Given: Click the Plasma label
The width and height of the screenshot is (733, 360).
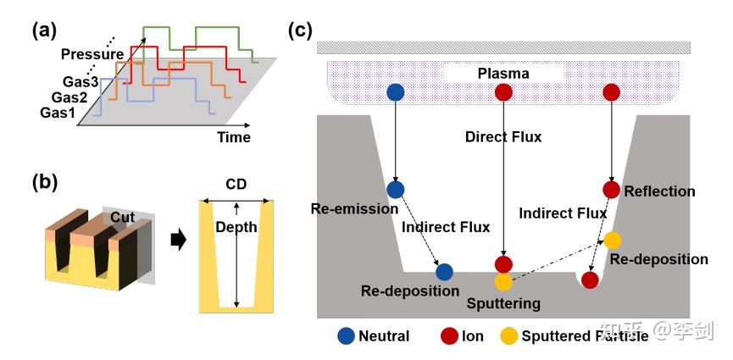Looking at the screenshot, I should pos(503,74).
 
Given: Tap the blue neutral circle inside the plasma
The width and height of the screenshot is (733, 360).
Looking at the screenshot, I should pos(395,91).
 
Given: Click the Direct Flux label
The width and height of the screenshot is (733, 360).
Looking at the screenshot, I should pos(503,136).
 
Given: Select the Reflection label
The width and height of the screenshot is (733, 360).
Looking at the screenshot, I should pos(659,191).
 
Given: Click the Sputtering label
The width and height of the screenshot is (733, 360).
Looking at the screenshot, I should pos(503,302).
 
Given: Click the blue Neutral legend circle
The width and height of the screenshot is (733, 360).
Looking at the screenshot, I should pos(346,335).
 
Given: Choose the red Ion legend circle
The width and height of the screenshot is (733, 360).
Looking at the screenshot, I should pos(449,335).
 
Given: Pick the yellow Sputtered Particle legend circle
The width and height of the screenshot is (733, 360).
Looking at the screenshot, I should pos(508,335).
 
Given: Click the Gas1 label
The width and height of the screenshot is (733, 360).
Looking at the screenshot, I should pos(58,114).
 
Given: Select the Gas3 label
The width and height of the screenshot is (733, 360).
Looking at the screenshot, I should pos(81,82).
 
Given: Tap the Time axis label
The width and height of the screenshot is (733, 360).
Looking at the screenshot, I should pos(233,137).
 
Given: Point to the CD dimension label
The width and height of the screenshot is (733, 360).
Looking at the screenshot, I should pos(237,184).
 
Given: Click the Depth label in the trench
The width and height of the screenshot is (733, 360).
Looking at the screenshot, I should pos(230,228).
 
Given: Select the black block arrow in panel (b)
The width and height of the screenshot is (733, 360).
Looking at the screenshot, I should pos(177,241).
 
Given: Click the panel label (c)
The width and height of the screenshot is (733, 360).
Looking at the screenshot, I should pos(301,30).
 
